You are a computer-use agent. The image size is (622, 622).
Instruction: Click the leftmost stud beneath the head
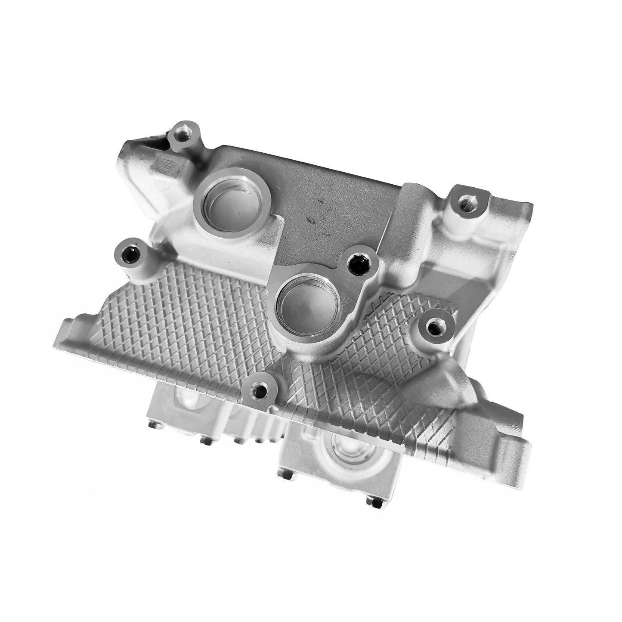point(153,426)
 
